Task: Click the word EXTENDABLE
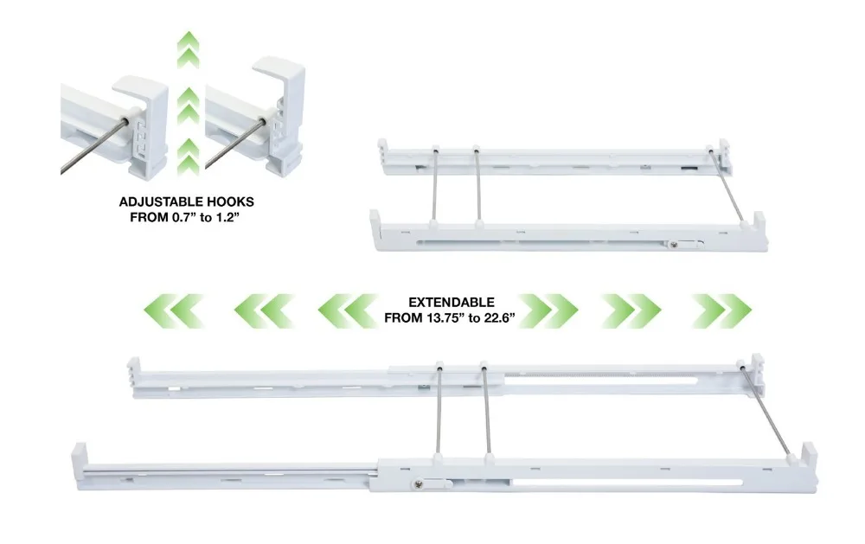tap(451, 303)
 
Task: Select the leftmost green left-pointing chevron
tap(173, 310)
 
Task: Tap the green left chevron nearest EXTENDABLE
tap(345, 310)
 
